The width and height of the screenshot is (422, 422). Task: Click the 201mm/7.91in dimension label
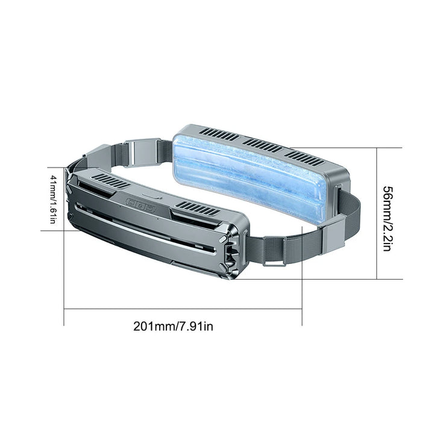[x=173, y=327]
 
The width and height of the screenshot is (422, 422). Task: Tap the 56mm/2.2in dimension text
[x=388, y=218]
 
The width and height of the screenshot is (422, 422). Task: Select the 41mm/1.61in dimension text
[x=53, y=200]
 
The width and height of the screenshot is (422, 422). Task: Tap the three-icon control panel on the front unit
[x=141, y=206]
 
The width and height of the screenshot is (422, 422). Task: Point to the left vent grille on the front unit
[x=111, y=181]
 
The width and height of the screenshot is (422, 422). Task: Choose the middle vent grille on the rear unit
[x=263, y=145]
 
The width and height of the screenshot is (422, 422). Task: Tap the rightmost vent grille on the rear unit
[x=304, y=158]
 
